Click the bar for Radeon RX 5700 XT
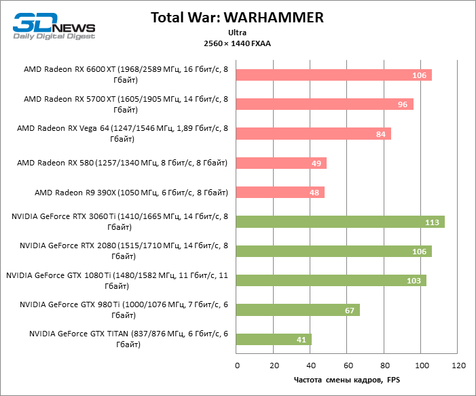tap(325, 104)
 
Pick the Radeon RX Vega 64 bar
tap(314, 134)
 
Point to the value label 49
tap(316, 163)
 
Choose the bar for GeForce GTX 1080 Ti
tap(331, 281)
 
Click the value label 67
tap(350, 311)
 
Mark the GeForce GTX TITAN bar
tap(274, 340)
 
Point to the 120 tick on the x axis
tap(458, 366)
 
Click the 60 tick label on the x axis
tap(348, 366)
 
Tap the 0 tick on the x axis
tap(237, 366)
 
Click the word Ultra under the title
tap(238, 32)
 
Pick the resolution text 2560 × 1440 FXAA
tap(238, 43)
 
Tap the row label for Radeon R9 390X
tap(131, 193)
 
